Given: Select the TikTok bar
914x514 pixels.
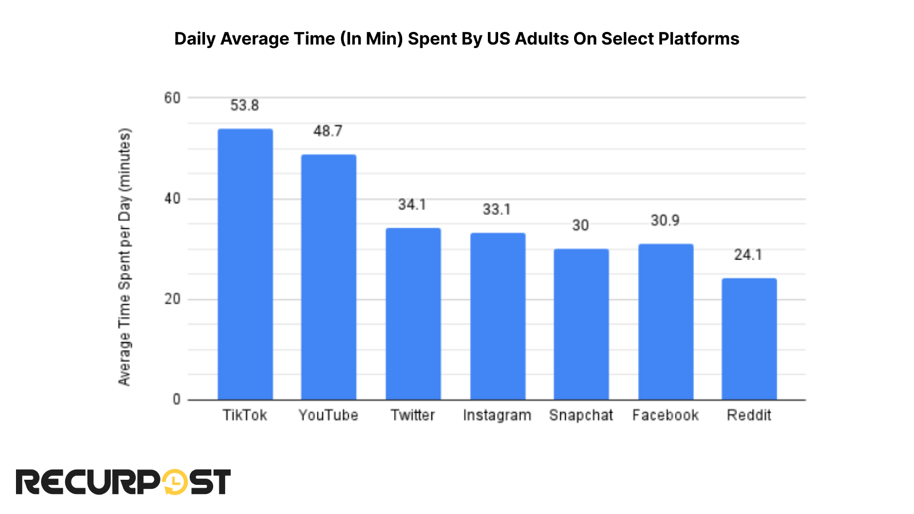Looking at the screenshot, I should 245,264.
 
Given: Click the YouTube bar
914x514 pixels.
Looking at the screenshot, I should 328,277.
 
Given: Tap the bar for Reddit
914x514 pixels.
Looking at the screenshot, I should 749,339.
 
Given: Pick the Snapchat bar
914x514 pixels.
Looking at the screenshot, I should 581,324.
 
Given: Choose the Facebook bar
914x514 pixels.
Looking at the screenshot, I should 666,322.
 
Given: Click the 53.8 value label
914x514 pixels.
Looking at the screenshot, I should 244,106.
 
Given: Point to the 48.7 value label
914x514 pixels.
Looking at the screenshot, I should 328,131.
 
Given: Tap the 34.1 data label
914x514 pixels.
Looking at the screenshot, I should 412,204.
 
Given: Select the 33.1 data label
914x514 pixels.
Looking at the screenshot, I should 496,210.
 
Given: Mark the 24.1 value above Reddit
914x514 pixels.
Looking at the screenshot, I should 748,255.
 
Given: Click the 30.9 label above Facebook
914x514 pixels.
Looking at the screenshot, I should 665,220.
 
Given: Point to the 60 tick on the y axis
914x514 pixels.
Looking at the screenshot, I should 172,98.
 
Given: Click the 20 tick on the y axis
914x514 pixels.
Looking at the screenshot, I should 172,299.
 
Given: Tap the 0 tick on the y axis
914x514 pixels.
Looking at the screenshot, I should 177,400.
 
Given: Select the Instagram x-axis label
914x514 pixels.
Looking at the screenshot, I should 497,415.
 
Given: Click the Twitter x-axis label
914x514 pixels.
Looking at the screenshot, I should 412,415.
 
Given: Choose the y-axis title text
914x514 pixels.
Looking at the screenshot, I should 125,257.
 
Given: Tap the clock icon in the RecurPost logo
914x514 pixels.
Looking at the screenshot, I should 175,482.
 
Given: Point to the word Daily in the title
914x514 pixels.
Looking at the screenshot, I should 195,39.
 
